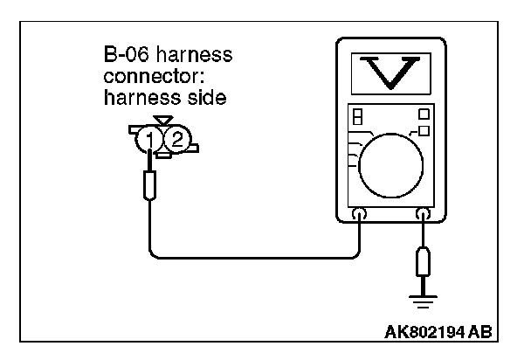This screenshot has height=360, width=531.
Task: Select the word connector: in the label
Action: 145,77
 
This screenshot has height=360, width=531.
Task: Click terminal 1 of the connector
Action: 153,139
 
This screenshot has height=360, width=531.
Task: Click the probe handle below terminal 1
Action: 151,185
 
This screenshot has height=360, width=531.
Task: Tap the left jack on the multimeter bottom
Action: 357,212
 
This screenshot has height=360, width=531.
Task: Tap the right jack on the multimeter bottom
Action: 424,212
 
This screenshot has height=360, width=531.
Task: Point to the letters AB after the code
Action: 479,333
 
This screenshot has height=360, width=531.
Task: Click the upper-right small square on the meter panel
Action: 423,114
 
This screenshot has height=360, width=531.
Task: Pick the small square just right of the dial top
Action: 424,130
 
